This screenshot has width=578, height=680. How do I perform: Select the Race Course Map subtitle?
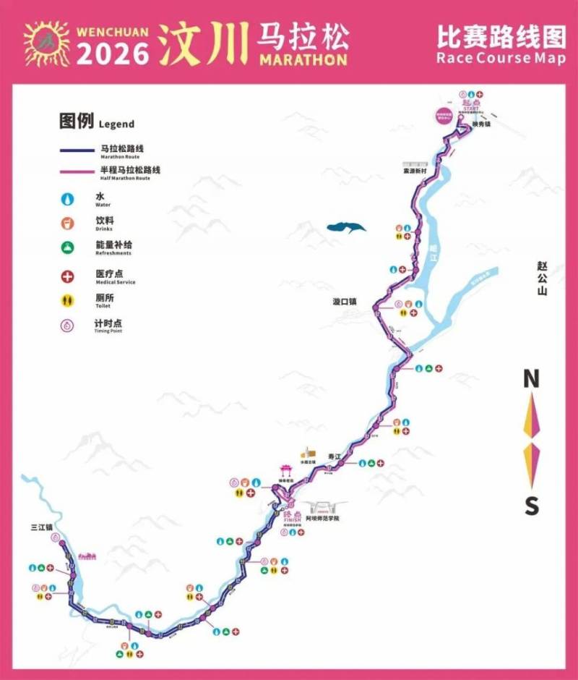501,59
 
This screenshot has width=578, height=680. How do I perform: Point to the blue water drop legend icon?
69,197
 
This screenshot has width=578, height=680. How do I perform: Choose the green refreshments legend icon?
69,248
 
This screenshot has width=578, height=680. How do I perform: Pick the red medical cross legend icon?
69,276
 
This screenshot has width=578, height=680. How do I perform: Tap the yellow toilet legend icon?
69,300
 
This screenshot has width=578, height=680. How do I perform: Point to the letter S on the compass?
532,506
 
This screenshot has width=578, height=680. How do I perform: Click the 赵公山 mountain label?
543,279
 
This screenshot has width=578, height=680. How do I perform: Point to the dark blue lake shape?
346,228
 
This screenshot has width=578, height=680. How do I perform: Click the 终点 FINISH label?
292,514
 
